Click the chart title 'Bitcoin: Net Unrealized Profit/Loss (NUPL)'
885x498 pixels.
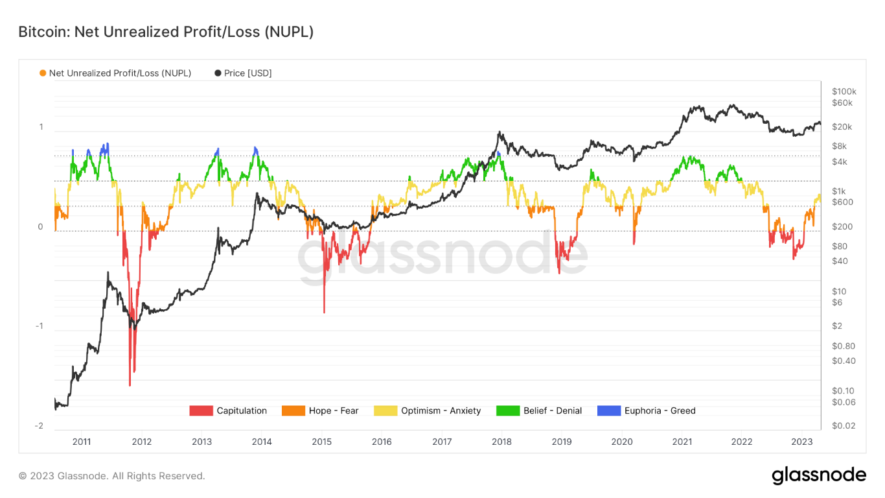166,32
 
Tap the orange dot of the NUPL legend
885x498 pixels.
43,73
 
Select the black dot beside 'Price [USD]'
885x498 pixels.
218,73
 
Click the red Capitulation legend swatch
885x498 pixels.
201,410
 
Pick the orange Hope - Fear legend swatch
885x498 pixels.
293,410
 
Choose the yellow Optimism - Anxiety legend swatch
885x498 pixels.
385,410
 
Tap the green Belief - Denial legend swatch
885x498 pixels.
508,410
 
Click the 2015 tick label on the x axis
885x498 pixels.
321,442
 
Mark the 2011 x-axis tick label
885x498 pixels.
82,442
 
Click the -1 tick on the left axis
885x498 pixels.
39,326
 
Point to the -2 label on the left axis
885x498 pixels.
39,426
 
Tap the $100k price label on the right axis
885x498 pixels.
844,91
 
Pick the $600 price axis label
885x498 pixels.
842,202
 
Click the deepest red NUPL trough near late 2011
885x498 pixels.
130,385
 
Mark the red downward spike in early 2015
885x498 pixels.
324,312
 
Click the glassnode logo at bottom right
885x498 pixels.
819,475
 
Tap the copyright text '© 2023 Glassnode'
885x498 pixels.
111,476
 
